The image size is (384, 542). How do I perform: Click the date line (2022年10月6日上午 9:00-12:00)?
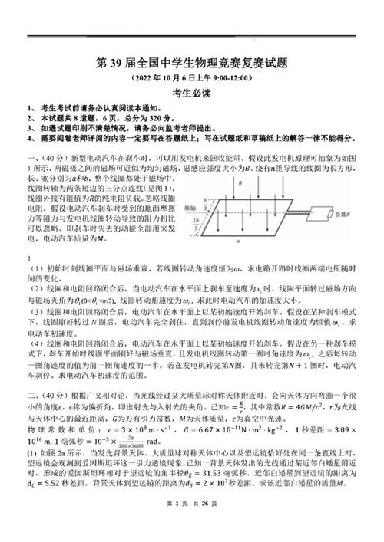pyautogui.click(x=191, y=78)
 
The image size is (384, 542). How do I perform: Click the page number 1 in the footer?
pyautogui.click(x=174, y=523)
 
